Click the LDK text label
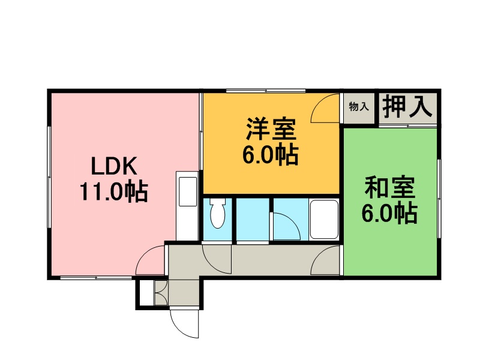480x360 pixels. pos(114,166)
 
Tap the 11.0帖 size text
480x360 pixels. pos(114,192)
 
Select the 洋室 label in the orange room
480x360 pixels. pos(271,129)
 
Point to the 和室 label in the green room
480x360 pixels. pos(389,187)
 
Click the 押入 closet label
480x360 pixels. pos(407,107)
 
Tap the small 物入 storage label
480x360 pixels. pos(359,107)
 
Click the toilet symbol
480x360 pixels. pos(218,213)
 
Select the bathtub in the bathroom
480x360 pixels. pos(324,219)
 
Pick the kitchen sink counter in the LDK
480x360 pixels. pos(187,206)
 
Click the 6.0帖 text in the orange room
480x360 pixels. pos(271,155)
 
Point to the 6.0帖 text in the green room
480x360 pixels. pos(389,214)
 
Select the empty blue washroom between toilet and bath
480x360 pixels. pos(253,219)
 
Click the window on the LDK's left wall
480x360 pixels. pos(49,177)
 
